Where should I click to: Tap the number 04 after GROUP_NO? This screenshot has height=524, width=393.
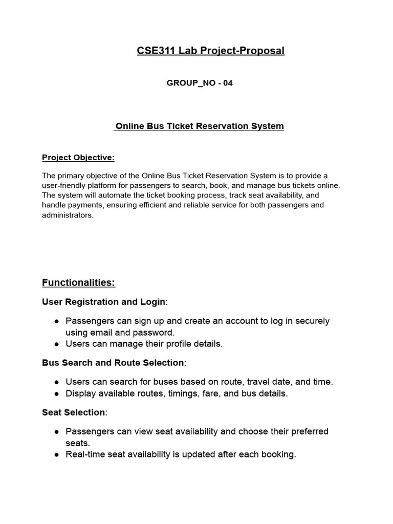(227, 83)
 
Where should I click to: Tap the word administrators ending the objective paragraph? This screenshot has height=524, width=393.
(67, 215)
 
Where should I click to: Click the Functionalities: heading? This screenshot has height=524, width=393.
(78, 282)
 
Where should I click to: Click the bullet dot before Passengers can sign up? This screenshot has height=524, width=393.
(56, 321)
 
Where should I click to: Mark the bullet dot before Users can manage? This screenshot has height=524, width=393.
(56, 344)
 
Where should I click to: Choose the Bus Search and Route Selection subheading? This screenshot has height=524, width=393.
(113, 363)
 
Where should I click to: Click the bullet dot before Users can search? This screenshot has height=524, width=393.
(56, 382)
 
